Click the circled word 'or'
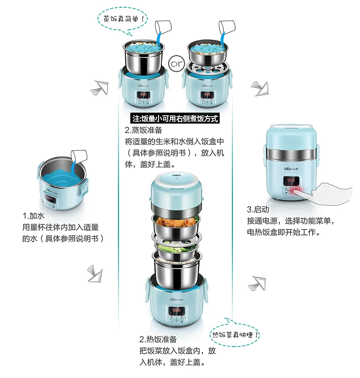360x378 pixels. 177,64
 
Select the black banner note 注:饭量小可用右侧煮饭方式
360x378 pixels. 175,119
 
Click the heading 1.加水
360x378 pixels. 34,216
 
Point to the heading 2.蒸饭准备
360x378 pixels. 144,130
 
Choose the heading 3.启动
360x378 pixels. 258,209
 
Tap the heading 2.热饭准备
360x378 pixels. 158,339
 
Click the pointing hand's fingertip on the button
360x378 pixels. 295,191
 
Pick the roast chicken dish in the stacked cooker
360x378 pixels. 176,221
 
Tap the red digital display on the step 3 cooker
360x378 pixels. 291,180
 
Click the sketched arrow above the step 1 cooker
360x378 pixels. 100,88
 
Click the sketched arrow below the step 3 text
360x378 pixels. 257,283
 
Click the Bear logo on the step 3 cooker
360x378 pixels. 291,169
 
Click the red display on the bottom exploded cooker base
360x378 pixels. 176,310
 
